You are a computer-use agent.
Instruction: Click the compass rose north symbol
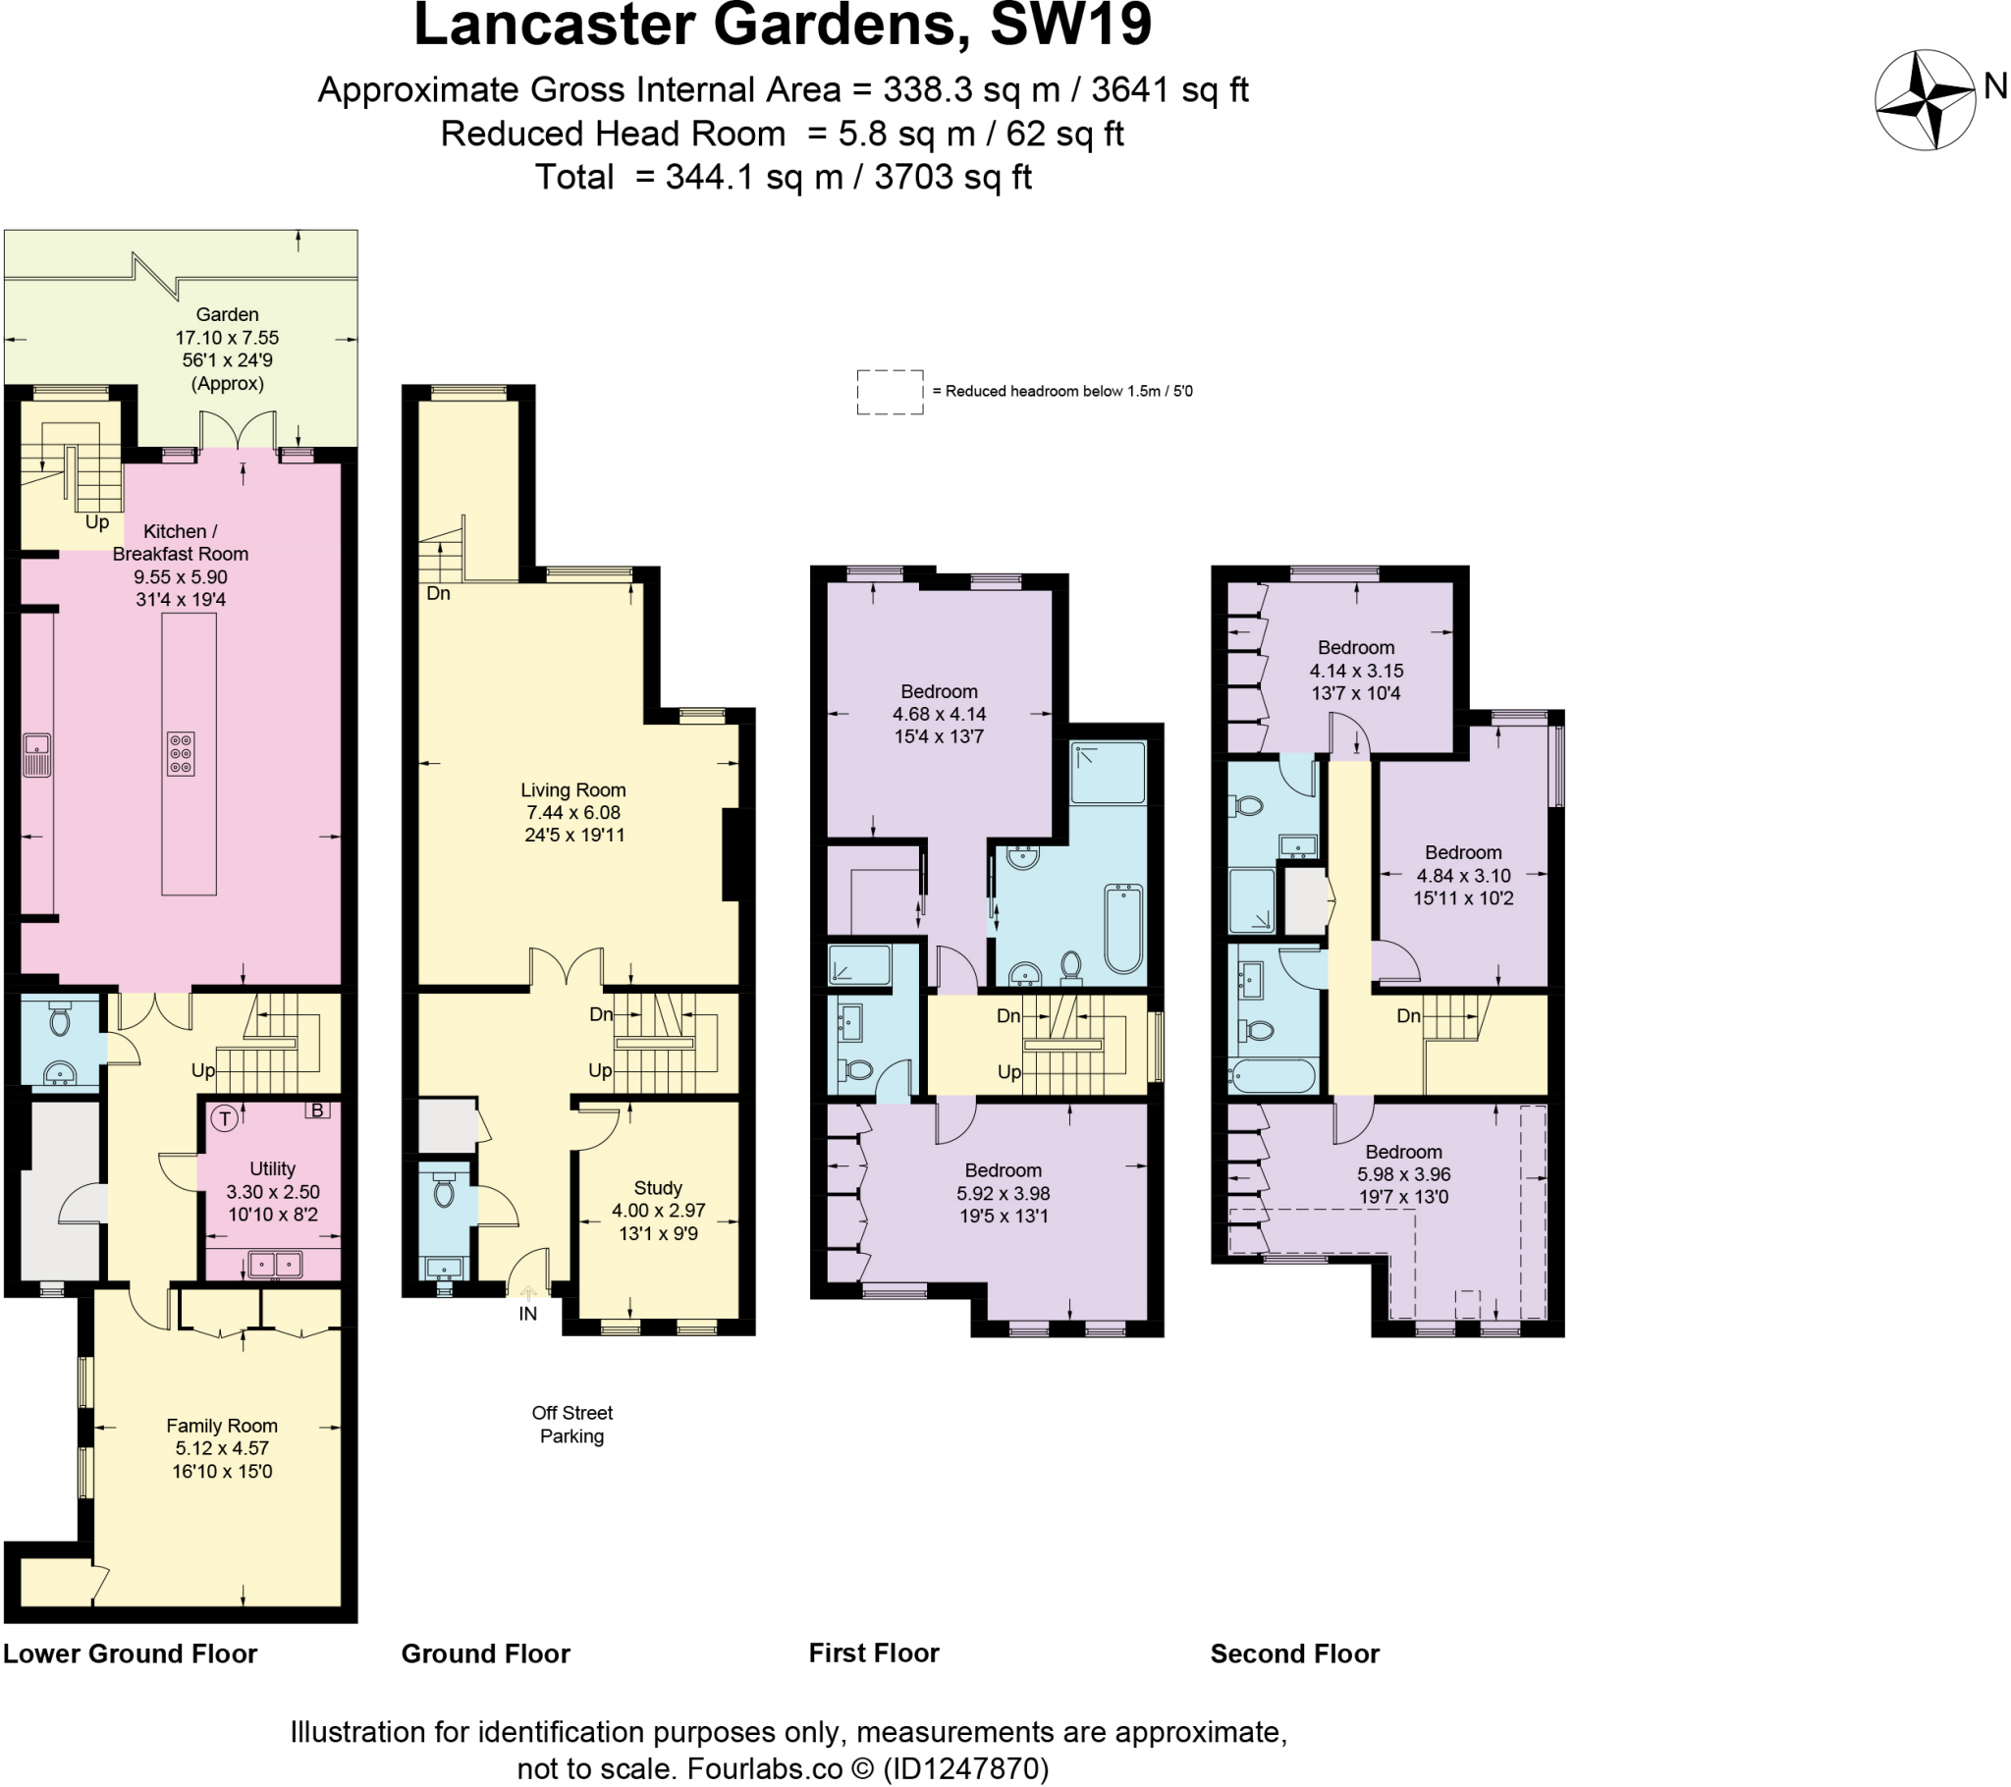(x=1925, y=100)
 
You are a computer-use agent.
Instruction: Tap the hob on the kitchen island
(x=180, y=755)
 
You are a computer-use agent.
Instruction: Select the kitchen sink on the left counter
(x=37, y=755)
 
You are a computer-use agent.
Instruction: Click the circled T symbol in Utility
(x=224, y=1118)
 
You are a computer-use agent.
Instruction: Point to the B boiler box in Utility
(x=317, y=1110)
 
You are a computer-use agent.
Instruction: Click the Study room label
(x=657, y=1188)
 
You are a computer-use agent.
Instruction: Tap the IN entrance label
(x=528, y=1314)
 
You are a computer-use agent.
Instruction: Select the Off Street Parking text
(x=571, y=1424)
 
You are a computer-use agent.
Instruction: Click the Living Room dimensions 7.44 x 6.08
(x=572, y=813)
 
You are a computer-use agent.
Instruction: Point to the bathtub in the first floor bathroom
(x=1122, y=928)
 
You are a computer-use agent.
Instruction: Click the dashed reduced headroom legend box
(x=890, y=392)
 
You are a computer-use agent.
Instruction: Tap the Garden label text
(x=227, y=315)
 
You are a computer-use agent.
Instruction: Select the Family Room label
(x=221, y=1426)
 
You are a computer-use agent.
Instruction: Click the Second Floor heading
(x=1294, y=1653)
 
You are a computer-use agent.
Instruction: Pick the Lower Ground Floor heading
(x=130, y=1653)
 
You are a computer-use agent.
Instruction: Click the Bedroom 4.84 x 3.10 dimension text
(x=1463, y=876)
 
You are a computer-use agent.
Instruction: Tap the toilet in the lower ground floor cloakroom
(x=60, y=1019)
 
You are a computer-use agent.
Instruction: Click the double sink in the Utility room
(x=275, y=1263)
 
